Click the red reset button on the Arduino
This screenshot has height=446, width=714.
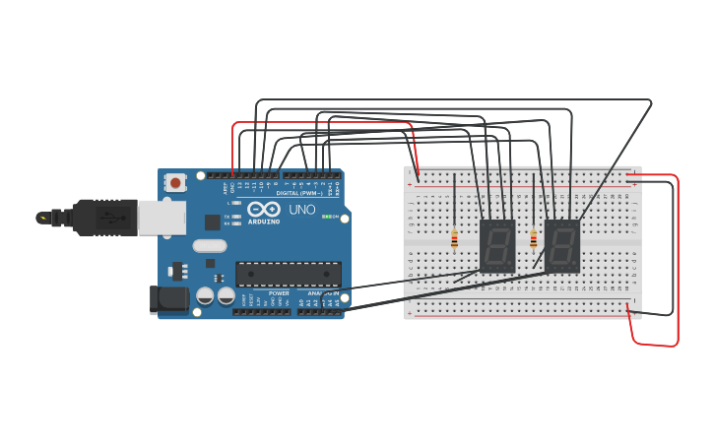click(176, 182)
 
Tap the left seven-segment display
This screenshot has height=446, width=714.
click(497, 245)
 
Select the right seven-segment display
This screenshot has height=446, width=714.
click(562, 245)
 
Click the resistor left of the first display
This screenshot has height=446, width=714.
click(454, 239)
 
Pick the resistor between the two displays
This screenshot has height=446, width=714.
click(534, 239)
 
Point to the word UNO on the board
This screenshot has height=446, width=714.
click(302, 210)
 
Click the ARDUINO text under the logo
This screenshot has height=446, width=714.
click(264, 223)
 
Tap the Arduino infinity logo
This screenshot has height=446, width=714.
click(264, 209)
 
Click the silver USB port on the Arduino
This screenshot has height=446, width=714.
click(162, 218)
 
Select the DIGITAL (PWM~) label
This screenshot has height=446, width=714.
click(300, 193)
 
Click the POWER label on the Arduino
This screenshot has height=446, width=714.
click(280, 293)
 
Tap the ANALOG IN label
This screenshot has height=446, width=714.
click(323, 293)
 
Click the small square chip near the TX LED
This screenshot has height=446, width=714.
click(212, 223)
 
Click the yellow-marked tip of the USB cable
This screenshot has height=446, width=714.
click(42, 217)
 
